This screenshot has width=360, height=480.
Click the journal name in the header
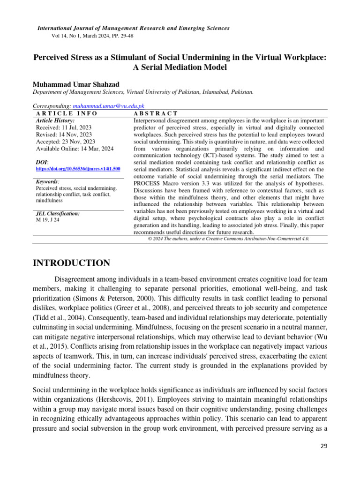tap(133, 28)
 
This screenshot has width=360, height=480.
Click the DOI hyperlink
tap(78, 168)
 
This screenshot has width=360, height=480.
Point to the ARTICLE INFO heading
tap(67, 113)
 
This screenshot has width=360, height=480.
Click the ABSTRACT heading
tap(156, 113)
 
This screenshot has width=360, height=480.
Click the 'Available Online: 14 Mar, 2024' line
tap(75, 149)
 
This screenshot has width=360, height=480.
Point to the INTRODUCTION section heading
tap(71, 263)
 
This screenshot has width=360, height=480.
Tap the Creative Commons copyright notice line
tap(228, 239)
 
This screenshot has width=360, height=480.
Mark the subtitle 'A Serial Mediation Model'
tap(180, 67)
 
